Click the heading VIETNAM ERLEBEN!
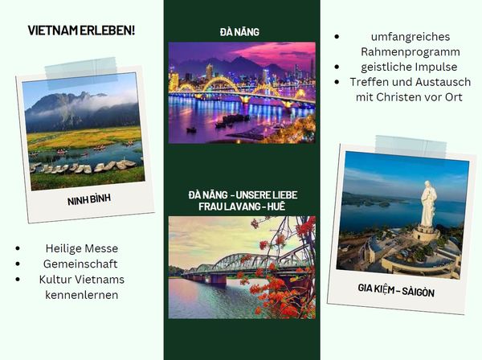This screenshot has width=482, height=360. coord(81,31)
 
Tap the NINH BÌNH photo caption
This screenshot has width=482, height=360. coord(89,199)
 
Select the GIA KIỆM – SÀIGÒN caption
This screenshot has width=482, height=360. coord(396,290)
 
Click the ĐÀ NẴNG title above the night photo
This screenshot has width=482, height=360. coord(239,32)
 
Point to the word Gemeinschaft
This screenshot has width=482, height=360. coord(80,264)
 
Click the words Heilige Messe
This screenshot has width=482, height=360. coord(82,248)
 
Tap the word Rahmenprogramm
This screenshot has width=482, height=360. coord(411,52)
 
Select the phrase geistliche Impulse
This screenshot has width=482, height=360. coord(409,67)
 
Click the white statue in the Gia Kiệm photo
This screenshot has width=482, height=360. coord(428,204)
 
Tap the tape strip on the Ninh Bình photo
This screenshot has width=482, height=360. coord(81,72)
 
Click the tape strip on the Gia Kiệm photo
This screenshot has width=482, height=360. coord(411,146)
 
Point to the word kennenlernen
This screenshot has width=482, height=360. coord(81,295)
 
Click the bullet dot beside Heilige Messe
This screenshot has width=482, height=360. coord(18,248)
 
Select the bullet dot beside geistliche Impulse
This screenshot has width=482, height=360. coord(337,67)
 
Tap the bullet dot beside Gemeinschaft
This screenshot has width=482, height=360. coord(18,264)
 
